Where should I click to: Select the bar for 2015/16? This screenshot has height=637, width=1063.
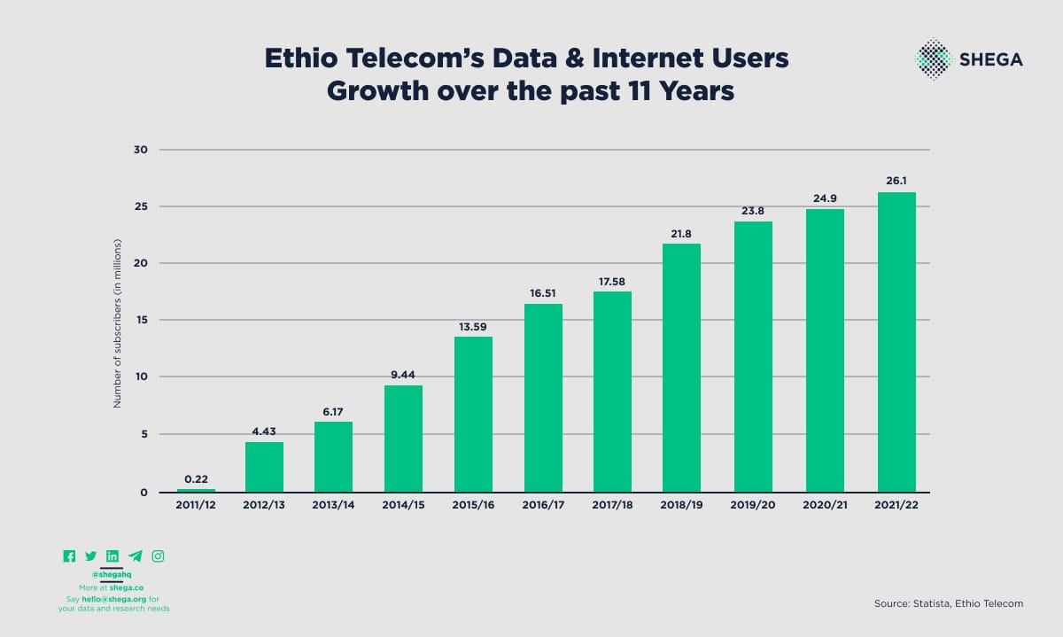[x=473, y=414]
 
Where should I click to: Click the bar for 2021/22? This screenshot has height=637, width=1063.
[x=896, y=342]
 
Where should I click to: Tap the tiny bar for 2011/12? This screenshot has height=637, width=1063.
[x=196, y=490]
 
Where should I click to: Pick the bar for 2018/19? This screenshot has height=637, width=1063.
[x=681, y=368]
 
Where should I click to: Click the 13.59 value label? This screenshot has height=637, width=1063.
[x=473, y=326]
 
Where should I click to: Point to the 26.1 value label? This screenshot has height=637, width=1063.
[x=896, y=182]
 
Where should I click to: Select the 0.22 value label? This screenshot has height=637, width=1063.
[x=196, y=478]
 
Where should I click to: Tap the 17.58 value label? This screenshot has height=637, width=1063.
[x=612, y=281]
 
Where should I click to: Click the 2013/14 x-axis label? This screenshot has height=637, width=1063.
[x=334, y=505]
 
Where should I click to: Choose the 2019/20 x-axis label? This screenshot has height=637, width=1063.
[x=753, y=505]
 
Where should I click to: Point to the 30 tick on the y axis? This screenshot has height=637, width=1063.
[x=141, y=150]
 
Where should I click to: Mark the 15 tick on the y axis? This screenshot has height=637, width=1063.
[x=141, y=320]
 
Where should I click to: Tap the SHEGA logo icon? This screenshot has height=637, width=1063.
[x=933, y=58]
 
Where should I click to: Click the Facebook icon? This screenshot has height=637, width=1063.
[x=69, y=556]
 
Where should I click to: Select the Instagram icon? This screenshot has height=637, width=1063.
[x=158, y=556]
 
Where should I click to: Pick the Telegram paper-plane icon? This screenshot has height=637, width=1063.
[x=135, y=556]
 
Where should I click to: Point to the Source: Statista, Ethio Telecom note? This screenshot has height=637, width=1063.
[x=948, y=603]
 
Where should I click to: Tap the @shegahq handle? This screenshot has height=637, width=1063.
[x=112, y=574]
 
